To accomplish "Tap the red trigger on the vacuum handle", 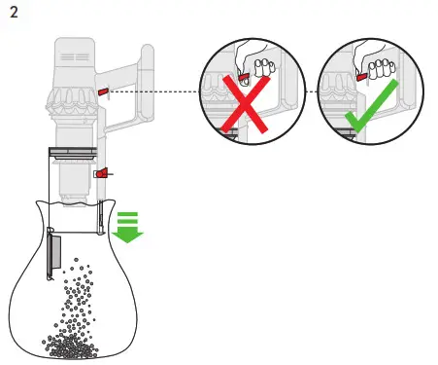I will point(103,91).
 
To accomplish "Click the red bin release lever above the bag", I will point(99,173).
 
